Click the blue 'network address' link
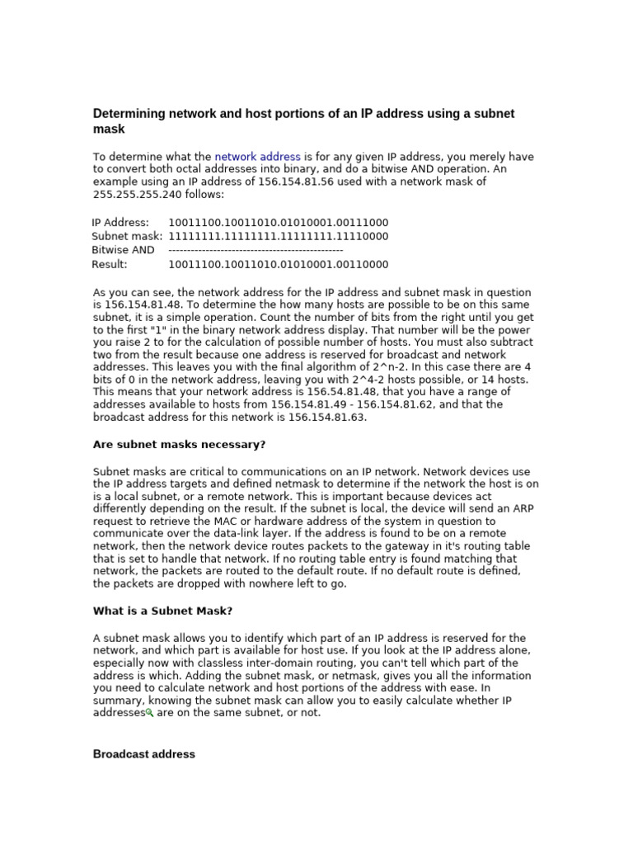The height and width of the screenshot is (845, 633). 258,157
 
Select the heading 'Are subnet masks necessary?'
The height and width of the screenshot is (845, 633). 179,445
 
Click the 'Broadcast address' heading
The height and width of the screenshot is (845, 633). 144,754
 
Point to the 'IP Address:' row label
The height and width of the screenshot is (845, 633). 120,223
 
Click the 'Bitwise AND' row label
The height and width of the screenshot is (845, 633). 123,250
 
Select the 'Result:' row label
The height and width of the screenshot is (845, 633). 110,264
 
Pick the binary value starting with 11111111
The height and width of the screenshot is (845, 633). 278,237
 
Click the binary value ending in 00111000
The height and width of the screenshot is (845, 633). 278,223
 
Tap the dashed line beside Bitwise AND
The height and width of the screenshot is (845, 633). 256,250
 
